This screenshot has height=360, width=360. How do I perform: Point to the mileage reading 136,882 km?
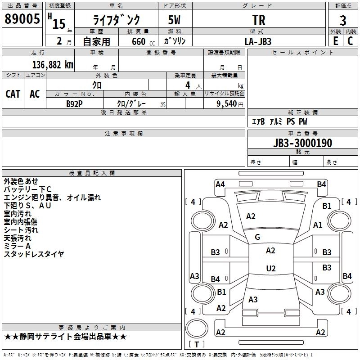(52, 64)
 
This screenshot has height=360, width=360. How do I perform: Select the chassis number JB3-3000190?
(302, 143)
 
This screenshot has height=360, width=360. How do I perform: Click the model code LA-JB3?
(258, 41)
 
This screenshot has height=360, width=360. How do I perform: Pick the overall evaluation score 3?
(343, 21)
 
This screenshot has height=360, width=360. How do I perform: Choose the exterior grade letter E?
(335, 41)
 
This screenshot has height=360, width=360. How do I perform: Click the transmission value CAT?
(13, 94)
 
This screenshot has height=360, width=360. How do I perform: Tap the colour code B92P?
(75, 103)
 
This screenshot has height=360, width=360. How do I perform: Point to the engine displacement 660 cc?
(138, 41)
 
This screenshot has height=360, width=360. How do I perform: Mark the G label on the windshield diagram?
(257, 237)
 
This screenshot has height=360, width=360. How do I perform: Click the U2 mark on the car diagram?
(270, 268)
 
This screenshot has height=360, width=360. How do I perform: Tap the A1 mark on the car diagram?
(318, 225)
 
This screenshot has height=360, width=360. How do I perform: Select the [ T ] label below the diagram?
(196, 345)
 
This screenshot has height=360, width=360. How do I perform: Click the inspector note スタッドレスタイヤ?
(34, 254)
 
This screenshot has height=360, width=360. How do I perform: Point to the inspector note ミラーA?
(17, 246)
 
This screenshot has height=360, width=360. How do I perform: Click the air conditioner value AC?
(35, 94)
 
